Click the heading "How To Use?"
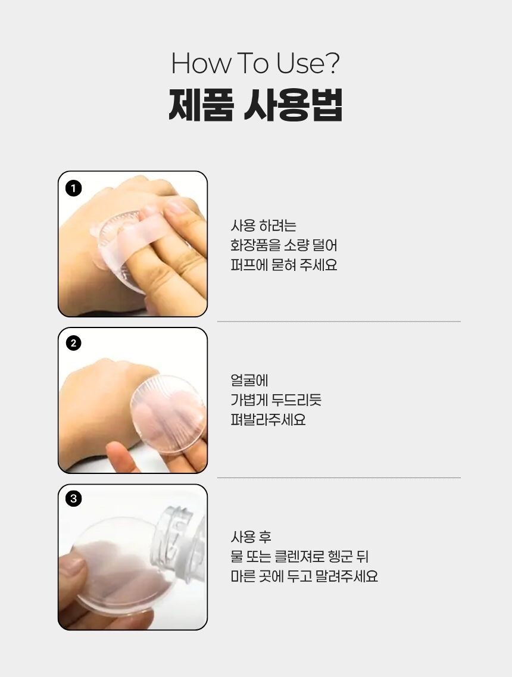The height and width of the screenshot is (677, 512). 255,63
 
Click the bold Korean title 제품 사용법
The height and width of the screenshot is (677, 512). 255,105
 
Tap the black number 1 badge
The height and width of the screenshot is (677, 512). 73,188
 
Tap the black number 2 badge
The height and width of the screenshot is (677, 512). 73,343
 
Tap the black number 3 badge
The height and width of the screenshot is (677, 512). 73,499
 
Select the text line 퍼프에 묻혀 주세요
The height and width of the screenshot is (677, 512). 283,265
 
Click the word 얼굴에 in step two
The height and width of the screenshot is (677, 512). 249,380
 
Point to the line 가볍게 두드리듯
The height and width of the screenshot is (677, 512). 276,400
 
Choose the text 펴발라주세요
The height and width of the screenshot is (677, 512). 268,419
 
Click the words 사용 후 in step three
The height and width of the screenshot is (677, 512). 251,537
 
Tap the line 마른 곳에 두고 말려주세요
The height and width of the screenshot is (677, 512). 304,576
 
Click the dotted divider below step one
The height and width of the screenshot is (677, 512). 339,321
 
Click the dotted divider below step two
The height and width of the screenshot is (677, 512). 339,478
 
